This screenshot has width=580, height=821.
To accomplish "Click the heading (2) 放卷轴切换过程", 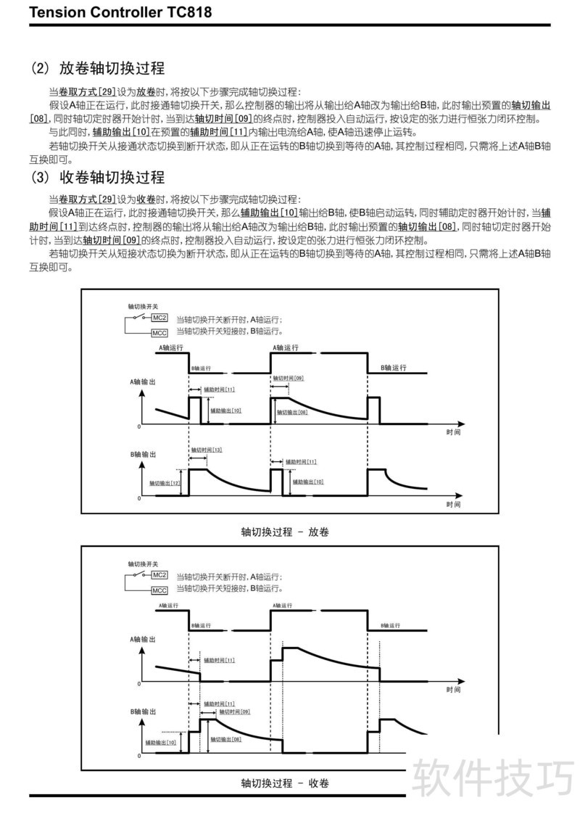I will click(97, 69).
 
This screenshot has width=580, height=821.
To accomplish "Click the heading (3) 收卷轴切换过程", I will click(97, 178).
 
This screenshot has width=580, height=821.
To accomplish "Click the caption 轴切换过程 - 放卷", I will click(285, 532).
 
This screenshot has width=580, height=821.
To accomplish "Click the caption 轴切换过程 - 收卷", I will click(285, 783).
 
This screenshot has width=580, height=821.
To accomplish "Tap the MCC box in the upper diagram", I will click(159, 333).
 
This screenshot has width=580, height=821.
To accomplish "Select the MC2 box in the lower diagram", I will click(159, 575).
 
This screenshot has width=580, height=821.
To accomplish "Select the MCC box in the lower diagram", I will click(159, 590).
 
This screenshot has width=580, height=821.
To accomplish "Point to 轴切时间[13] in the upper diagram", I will click(207, 450).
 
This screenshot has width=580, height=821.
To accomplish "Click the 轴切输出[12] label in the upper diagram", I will click(165, 483).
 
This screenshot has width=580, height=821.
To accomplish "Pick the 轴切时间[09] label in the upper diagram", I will click(288, 379).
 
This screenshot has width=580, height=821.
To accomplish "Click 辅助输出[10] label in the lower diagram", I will click(160, 742).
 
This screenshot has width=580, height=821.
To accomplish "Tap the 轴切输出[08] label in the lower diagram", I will click(225, 739).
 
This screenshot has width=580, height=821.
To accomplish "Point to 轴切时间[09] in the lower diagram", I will click(234, 712).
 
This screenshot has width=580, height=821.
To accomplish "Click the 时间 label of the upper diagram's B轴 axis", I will click(453, 504).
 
